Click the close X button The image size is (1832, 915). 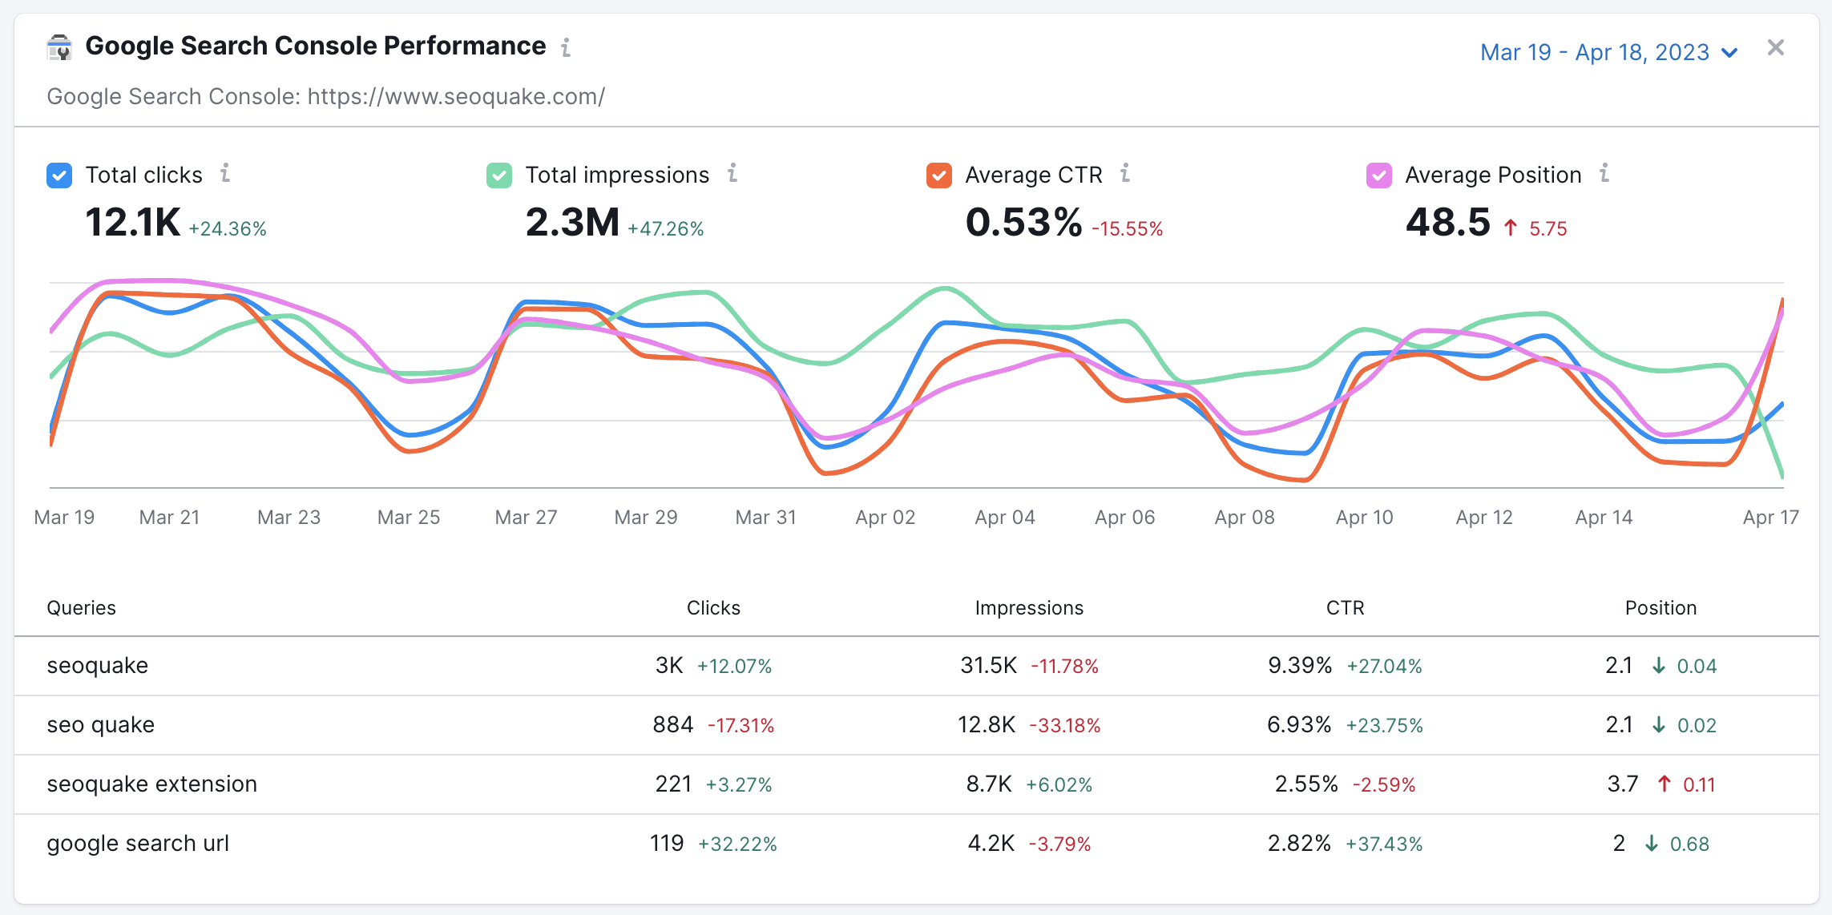coord(1775,48)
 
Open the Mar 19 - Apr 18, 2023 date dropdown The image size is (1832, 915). coord(1608,52)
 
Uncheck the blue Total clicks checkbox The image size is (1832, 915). coord(59,175)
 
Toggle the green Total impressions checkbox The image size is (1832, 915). coord(499,175)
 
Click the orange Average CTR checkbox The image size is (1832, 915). coord(938,175)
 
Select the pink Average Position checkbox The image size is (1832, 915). coord(1378,175)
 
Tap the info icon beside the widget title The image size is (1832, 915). coord(566,47)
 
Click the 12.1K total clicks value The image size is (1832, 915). coord(132,222)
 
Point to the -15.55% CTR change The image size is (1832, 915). coord(1127,229)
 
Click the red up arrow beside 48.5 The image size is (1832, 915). coord(1511,228)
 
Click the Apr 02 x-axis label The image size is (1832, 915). coord(885,518)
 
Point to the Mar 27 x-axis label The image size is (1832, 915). coord(526,518)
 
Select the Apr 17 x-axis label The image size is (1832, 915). coord(1770,518)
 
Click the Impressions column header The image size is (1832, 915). coord(1028,608)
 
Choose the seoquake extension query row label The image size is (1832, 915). coord(152,784)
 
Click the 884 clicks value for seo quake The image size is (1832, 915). coord(672,725)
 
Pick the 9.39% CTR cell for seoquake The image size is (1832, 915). coord(1299,666)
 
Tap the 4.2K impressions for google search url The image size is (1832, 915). coord(991,844)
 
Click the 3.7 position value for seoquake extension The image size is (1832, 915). coord(1622,784)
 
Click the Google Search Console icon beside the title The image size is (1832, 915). coord(59,47)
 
